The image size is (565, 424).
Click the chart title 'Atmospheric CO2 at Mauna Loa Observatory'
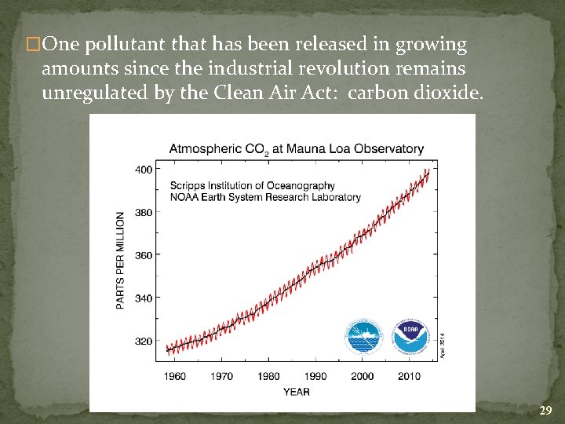click(297, 148)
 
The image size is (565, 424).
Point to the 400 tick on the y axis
click(144, 169)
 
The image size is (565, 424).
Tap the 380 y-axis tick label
click(144, 212)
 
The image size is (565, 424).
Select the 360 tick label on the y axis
click(144, 255)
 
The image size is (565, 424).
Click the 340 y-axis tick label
click(144, 298)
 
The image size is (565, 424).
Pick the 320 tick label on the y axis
click(144, 342)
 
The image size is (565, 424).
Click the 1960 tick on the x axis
click(175, 376)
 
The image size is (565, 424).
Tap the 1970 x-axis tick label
click(222, 376)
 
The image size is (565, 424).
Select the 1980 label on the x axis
click(268, 376)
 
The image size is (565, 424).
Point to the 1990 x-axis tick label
click(315, 376)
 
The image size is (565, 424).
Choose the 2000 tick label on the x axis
click(363, 376)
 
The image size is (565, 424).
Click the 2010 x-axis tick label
click(409, 376)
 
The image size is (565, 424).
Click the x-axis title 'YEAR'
click(297, 391)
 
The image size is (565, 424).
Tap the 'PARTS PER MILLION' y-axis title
click(121, 260)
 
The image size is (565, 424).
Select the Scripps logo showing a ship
click(363, 337)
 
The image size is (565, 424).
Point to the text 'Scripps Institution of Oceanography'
click(253, 186)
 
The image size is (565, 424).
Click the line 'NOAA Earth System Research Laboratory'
click(265, 198)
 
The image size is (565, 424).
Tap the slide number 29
click(546, 411)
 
